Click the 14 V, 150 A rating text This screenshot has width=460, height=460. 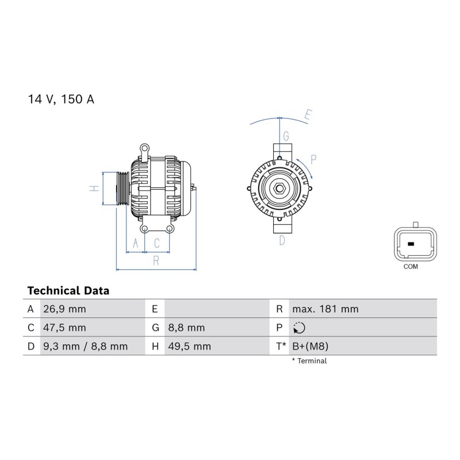point(61,99)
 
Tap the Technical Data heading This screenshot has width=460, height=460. point(68,291)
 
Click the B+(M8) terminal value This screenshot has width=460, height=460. point(310,347)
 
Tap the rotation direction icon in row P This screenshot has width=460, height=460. point(299,328)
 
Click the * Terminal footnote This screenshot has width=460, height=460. point(309,361)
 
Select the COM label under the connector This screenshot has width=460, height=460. point(411,267)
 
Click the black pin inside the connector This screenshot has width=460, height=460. point(411,244)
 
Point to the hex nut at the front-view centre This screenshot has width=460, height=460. point(279,189)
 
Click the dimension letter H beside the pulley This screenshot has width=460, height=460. point(94,189)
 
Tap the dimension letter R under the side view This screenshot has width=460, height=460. point(156,260)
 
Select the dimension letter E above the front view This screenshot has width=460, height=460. point(308,114)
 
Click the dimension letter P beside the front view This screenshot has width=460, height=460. point(313,160)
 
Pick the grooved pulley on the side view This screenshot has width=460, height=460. point(123,189)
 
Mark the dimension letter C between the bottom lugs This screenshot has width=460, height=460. point(157,243)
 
